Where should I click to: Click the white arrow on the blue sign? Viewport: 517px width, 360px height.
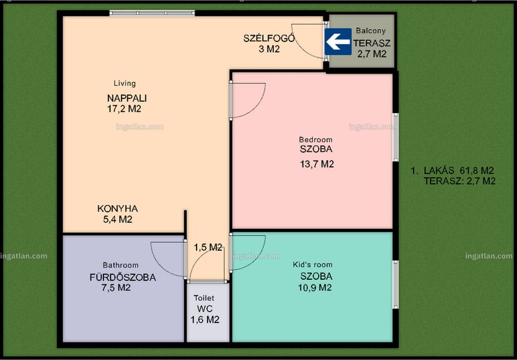coord(338,42)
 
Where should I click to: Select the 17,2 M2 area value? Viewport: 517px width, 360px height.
coord(124,109)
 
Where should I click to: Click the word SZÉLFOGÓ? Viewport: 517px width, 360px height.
coord(269,38)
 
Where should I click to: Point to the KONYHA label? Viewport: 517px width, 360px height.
coord(118,209)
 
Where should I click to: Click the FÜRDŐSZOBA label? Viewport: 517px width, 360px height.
coord(123,277)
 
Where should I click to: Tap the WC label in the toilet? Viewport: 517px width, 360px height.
coord(204,309)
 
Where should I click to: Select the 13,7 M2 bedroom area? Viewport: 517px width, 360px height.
coord(317,164)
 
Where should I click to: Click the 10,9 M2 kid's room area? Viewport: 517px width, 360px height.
coord(315,288)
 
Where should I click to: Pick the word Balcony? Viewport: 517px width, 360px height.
coord(370,31)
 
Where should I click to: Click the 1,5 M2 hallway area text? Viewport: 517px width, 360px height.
coord(207,248)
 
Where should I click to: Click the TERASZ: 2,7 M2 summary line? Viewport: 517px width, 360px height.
coord(459,181)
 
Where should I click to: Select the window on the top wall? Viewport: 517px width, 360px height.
coord(152,13)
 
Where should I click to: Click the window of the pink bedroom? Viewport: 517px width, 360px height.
coord(396,137)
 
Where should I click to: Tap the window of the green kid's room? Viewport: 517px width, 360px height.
coord(396,284)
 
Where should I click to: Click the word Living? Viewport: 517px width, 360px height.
coord(125,83)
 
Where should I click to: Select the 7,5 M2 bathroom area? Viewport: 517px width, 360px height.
coord(116,288)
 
